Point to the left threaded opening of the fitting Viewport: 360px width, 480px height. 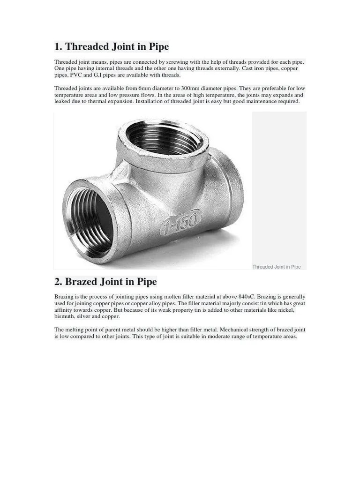90,221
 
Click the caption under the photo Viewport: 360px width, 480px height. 277,267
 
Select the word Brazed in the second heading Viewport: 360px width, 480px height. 83,282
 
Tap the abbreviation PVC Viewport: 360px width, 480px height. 76,75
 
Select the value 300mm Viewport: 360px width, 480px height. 187,88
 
